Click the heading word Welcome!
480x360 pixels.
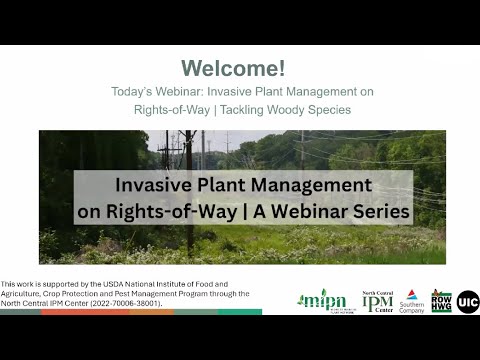coord(233,68)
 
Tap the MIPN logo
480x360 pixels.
coord(321,299)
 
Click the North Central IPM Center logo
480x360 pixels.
coord(377,299)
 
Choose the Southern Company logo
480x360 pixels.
coord(412,301)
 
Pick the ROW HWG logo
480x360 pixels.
coord(441,300)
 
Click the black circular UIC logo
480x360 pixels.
coord(467,300)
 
